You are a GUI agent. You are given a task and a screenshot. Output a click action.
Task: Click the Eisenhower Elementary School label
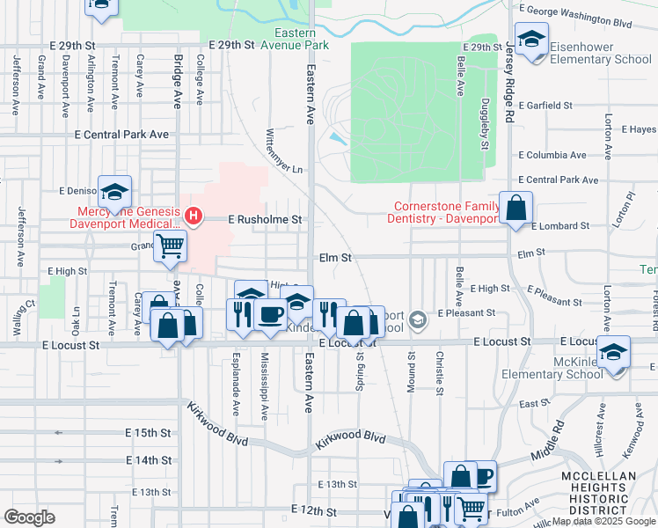pos(600,52)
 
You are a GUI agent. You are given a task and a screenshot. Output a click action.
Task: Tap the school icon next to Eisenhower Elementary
pos(531,40)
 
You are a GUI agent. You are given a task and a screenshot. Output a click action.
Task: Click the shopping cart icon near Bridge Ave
pos(170,246)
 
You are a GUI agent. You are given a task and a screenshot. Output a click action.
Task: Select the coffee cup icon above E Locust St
pos(271,313)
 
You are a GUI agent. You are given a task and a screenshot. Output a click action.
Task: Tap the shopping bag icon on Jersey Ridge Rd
pos(516,209)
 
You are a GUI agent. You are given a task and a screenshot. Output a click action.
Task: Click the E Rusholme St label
pos(265,219)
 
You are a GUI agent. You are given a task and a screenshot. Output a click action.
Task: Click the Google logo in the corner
pos(29,517)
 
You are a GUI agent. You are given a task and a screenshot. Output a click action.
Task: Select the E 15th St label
pos(148,433)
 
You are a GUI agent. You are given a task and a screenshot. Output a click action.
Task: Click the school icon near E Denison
pos(114,191)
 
